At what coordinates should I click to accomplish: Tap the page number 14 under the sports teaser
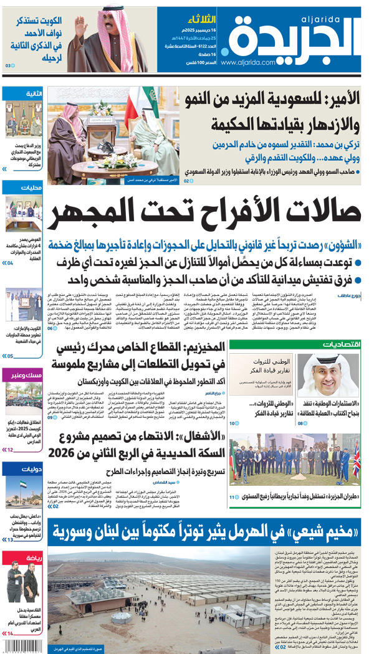click(x=9, y=634)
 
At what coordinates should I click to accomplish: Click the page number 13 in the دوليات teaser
click(x=9, y=539)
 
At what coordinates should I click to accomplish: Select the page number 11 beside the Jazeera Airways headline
click(x=233, y=496)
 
